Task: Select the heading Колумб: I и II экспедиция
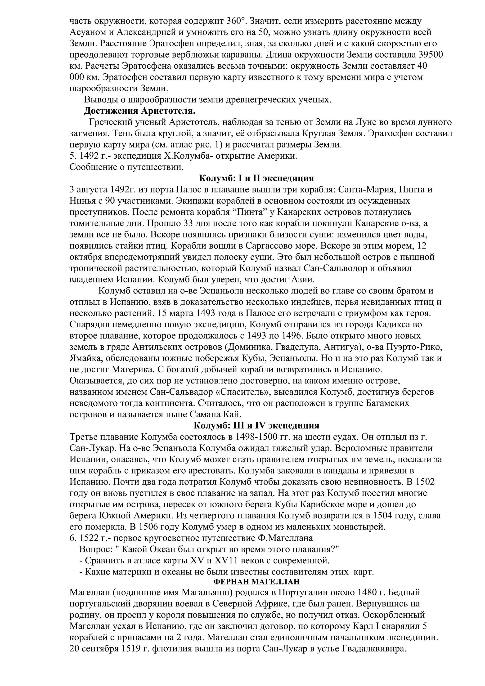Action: pyautogui.click(x=256, y=178)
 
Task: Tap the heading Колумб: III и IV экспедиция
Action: pyautogui.click(x=256, y=425)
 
